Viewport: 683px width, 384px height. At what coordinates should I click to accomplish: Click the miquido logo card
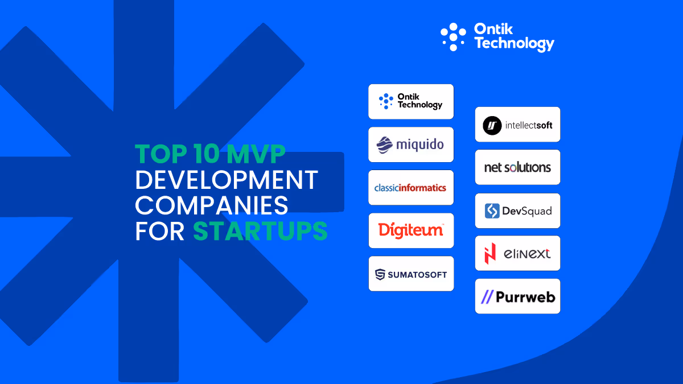(x=411, y=144)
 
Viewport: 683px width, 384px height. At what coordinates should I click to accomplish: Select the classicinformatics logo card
(x=411, y=188)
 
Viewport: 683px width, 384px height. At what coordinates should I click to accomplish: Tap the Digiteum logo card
(x=411, y=230)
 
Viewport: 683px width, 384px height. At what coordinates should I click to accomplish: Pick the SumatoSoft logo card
(x=411, y=274)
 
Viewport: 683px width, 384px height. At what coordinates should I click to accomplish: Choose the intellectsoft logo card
(x=517, y=125)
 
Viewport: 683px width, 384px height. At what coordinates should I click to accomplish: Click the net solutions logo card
(x=517, y=167)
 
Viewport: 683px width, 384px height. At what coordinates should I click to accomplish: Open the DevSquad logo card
(x=517, y=210)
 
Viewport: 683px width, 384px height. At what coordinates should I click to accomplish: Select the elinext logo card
(x=517, y=253)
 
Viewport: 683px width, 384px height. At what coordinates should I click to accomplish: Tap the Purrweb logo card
(x=517, y=296)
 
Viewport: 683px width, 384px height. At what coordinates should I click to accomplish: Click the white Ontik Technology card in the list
(x=411, y=101)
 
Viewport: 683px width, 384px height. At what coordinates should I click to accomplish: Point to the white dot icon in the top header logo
(x=453, y=36)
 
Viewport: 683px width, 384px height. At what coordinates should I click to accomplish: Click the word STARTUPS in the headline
(x=260, y=232)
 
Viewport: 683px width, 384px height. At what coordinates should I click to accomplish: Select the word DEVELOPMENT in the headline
(x=226, y=180)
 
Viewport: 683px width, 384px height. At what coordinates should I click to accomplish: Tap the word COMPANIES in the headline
(x=212, y=206)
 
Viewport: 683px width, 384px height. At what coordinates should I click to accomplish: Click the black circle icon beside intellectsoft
(x=492, y=125)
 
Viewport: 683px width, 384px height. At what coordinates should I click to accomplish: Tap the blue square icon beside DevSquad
(x=492, y=211)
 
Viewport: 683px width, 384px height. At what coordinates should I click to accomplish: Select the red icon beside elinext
(x=489, y=254)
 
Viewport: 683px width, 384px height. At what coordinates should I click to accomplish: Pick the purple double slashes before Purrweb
(x=487, y=297)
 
